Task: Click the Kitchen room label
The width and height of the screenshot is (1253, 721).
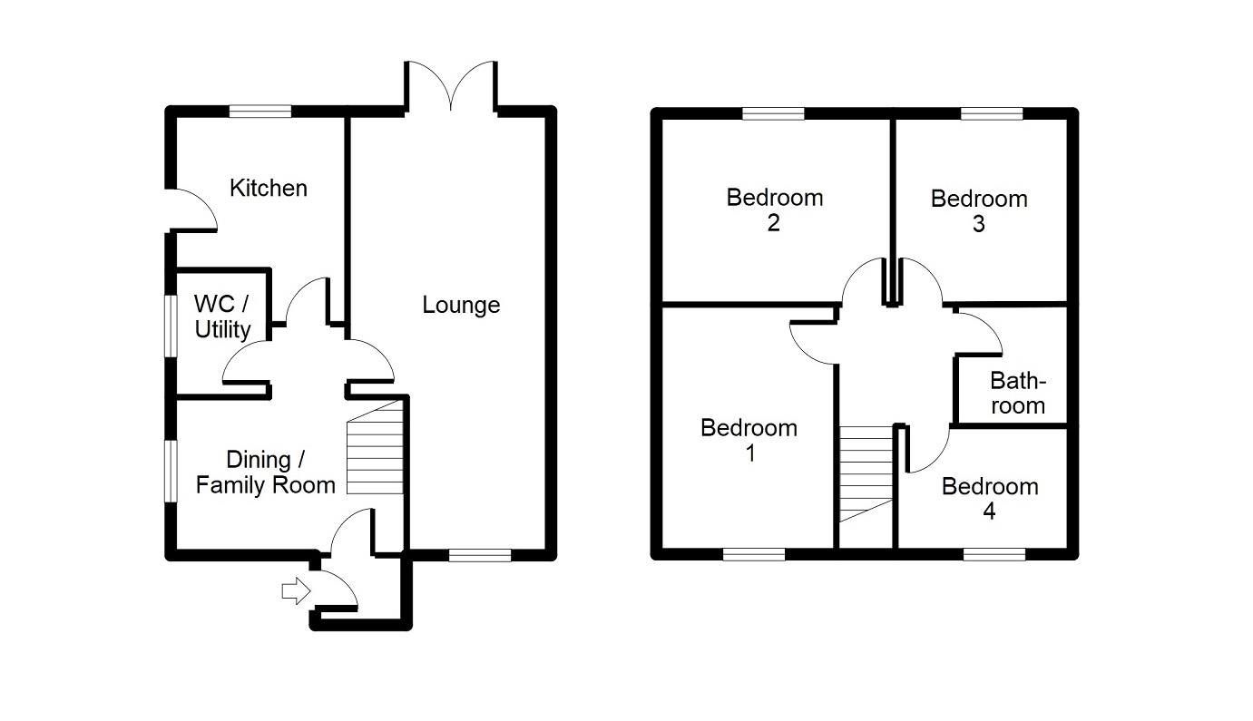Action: tap(269, 189)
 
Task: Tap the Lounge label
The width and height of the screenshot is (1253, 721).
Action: tap(462, 305)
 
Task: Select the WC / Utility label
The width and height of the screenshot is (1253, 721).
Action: tap(222, 317)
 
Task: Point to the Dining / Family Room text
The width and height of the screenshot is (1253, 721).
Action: tap(266, 473)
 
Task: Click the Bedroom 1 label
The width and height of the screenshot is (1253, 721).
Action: tap(749, 441)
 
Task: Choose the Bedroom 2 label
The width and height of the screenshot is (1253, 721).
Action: tap(775, 210)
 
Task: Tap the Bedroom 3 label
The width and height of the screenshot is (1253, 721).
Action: tap(979, 211)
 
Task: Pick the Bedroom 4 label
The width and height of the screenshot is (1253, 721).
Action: tap(990, 499)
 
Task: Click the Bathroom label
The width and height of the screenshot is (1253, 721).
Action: tap(1018, 394)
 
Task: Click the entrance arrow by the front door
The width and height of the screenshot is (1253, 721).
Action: tap(296, 590)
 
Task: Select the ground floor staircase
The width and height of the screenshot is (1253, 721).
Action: tap(375, 447)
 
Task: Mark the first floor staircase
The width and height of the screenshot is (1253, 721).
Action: tap(866, 474)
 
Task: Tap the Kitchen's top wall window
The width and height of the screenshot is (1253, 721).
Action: tap(260, 112)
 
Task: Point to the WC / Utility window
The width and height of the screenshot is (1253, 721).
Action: tap(171, 326)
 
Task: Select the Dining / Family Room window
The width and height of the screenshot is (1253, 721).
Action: tap(171, 472)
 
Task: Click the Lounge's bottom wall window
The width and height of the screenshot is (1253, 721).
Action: tap(480, 555)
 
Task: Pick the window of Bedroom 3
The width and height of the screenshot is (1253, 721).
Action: tap(992, 113)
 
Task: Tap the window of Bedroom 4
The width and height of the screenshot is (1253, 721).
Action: tap(994, 554)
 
